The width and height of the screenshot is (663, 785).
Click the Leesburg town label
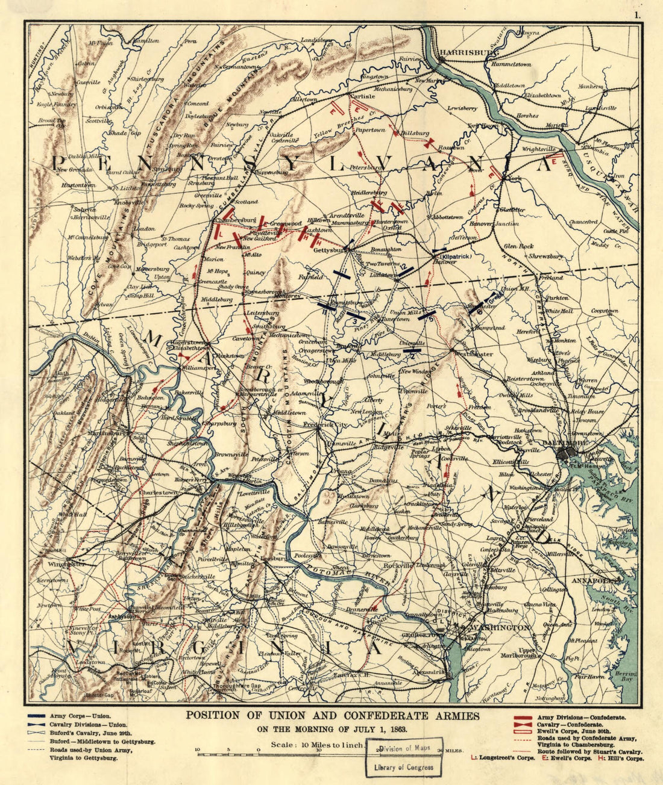click(x=274, y=558)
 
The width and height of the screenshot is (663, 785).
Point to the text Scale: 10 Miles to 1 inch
click(x=317, y=744)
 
